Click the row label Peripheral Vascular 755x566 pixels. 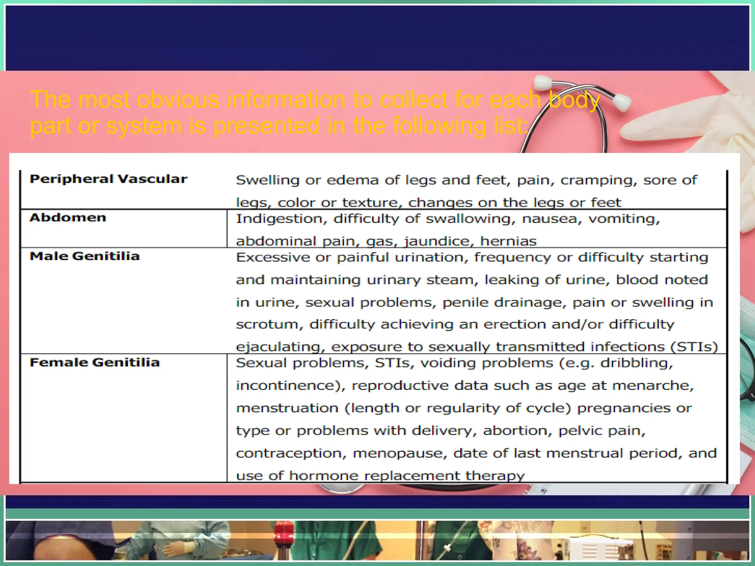(108, 179)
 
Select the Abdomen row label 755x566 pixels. (68, 217)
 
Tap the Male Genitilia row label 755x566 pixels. (85, 256)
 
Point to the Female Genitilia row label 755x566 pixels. (95, 363)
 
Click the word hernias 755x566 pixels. (508, 241)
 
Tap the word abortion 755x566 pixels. (517, 431)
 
